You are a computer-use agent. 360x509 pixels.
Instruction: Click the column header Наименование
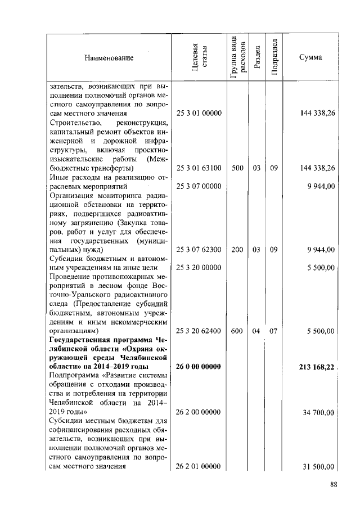coord(109,58)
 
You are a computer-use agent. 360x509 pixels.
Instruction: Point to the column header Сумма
coord(310,58)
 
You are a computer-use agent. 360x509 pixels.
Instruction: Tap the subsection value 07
coord(274,331)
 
